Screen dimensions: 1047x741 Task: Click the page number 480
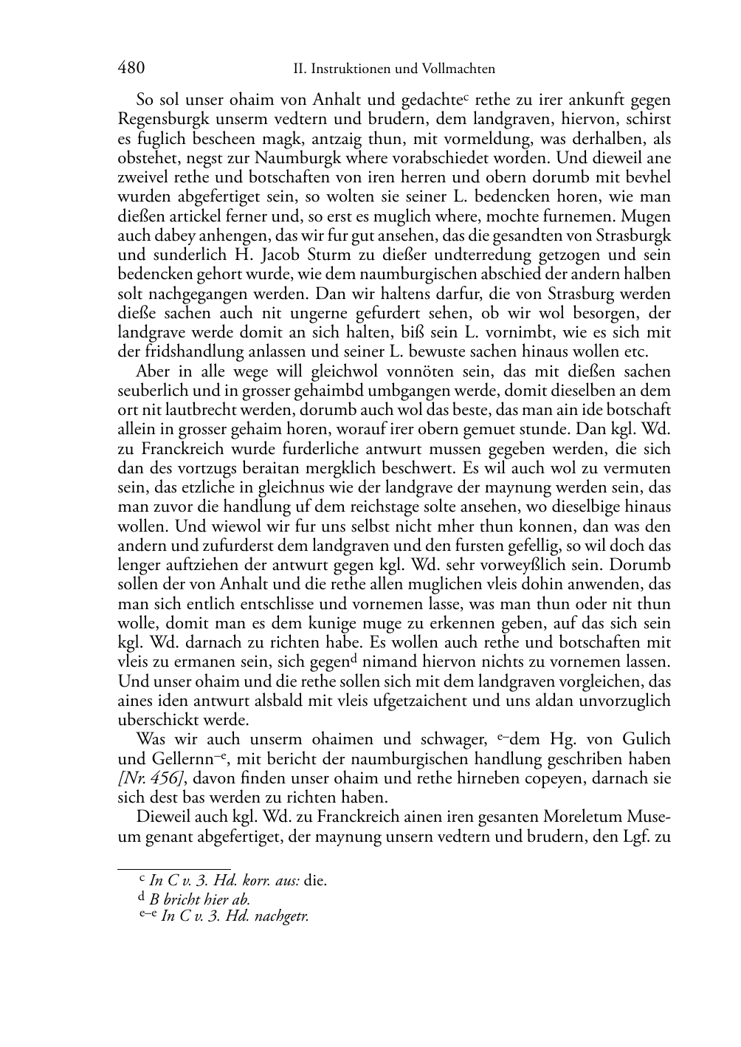(x=131, y=69)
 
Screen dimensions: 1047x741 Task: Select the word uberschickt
(x=155, y=720)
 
